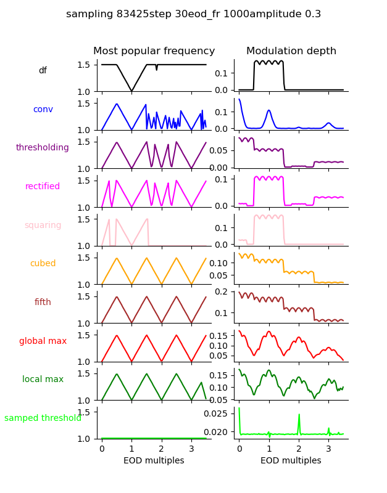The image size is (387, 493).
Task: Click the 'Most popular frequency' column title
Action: coord(154,51)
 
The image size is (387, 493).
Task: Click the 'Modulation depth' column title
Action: coord(291,51)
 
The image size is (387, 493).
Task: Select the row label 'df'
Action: coord(43,71)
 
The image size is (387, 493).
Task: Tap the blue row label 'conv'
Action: coord(43,109)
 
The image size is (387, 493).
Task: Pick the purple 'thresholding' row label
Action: coord(43,148)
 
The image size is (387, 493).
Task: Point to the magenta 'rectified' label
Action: coord(43,187)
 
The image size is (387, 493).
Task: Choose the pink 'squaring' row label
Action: coord(43,225)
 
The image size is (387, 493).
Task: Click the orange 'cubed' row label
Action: coord(43,264)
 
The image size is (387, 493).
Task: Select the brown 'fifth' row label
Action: coord(43,302)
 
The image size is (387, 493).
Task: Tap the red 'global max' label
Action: coord(43,341)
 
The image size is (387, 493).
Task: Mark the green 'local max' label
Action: coord(43,380)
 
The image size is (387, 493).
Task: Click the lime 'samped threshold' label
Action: coord(43,418)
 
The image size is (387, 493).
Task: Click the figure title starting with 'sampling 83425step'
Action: coord(193,14)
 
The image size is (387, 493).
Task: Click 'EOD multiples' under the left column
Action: coord(154,460)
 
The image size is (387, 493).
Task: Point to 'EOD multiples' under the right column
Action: coord(291,460)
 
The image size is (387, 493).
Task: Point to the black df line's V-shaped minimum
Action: coord(131,91)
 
